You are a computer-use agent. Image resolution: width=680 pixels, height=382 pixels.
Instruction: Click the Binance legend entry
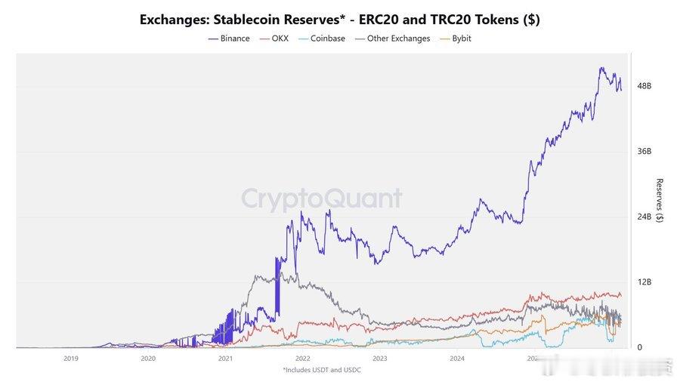(x=229, y=39)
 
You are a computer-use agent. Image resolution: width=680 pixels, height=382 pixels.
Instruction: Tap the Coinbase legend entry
(x=323, y=39)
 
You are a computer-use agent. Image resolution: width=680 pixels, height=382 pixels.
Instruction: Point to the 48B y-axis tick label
(x=644, y=86)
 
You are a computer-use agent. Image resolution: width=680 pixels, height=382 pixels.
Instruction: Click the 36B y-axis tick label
(x=644, y=151)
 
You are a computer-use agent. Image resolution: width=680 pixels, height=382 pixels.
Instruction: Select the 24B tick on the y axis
(x=644, y=217)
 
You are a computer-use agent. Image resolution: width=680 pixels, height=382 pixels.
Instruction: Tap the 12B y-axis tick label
(x=644, y=282)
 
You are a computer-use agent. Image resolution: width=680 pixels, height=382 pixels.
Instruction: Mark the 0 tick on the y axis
(x=640, y=347)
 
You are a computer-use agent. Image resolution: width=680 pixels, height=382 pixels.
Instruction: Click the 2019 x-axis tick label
(x=71, y=359)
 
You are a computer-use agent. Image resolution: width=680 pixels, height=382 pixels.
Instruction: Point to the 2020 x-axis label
(x=148, y=359)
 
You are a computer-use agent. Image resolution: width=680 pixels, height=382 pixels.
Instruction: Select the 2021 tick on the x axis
(x=225, y=359)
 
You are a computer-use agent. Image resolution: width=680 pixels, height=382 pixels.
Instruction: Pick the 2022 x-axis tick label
(x=302, y=359)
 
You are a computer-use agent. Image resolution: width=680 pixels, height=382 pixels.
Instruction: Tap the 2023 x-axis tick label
(x=379, y=359)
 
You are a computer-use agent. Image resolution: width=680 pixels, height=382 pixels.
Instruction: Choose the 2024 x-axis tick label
(x=456, y=359)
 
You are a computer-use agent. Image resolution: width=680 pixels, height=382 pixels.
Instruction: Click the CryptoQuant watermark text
(x=322, y=199)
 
